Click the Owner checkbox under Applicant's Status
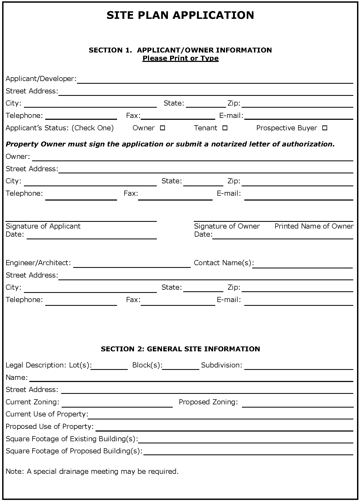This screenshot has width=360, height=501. [x=162, y=128]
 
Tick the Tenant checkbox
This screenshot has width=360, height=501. [x=225, y=128]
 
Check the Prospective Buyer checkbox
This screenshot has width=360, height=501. [x=325, y=128]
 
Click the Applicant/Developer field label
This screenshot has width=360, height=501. [x=41, y=79]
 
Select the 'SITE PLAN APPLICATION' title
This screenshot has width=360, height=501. [x=180, y=15]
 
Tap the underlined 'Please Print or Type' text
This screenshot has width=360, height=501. [x=180, y=58]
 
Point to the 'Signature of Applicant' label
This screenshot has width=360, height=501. [x=43, y=226]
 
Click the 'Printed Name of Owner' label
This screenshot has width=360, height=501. [x=314, y=226]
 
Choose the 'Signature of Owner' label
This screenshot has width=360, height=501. [x=227, y=226]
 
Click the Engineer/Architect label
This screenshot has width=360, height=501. [x=38, y=263]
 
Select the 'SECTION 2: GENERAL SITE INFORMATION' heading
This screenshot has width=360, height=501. [x=180, y=349]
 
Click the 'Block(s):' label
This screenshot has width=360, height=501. [x=147, y=365]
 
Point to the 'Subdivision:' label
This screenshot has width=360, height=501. [x=221, y=365]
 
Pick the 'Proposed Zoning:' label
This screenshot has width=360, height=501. [x=208, y=402]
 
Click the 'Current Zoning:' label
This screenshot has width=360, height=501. [x=32, y=402]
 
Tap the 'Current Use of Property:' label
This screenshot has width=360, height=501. [x=47, y=414]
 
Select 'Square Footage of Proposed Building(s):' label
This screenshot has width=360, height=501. [x=74, y=451]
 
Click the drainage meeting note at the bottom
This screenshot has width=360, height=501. [x=92, y=471]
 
